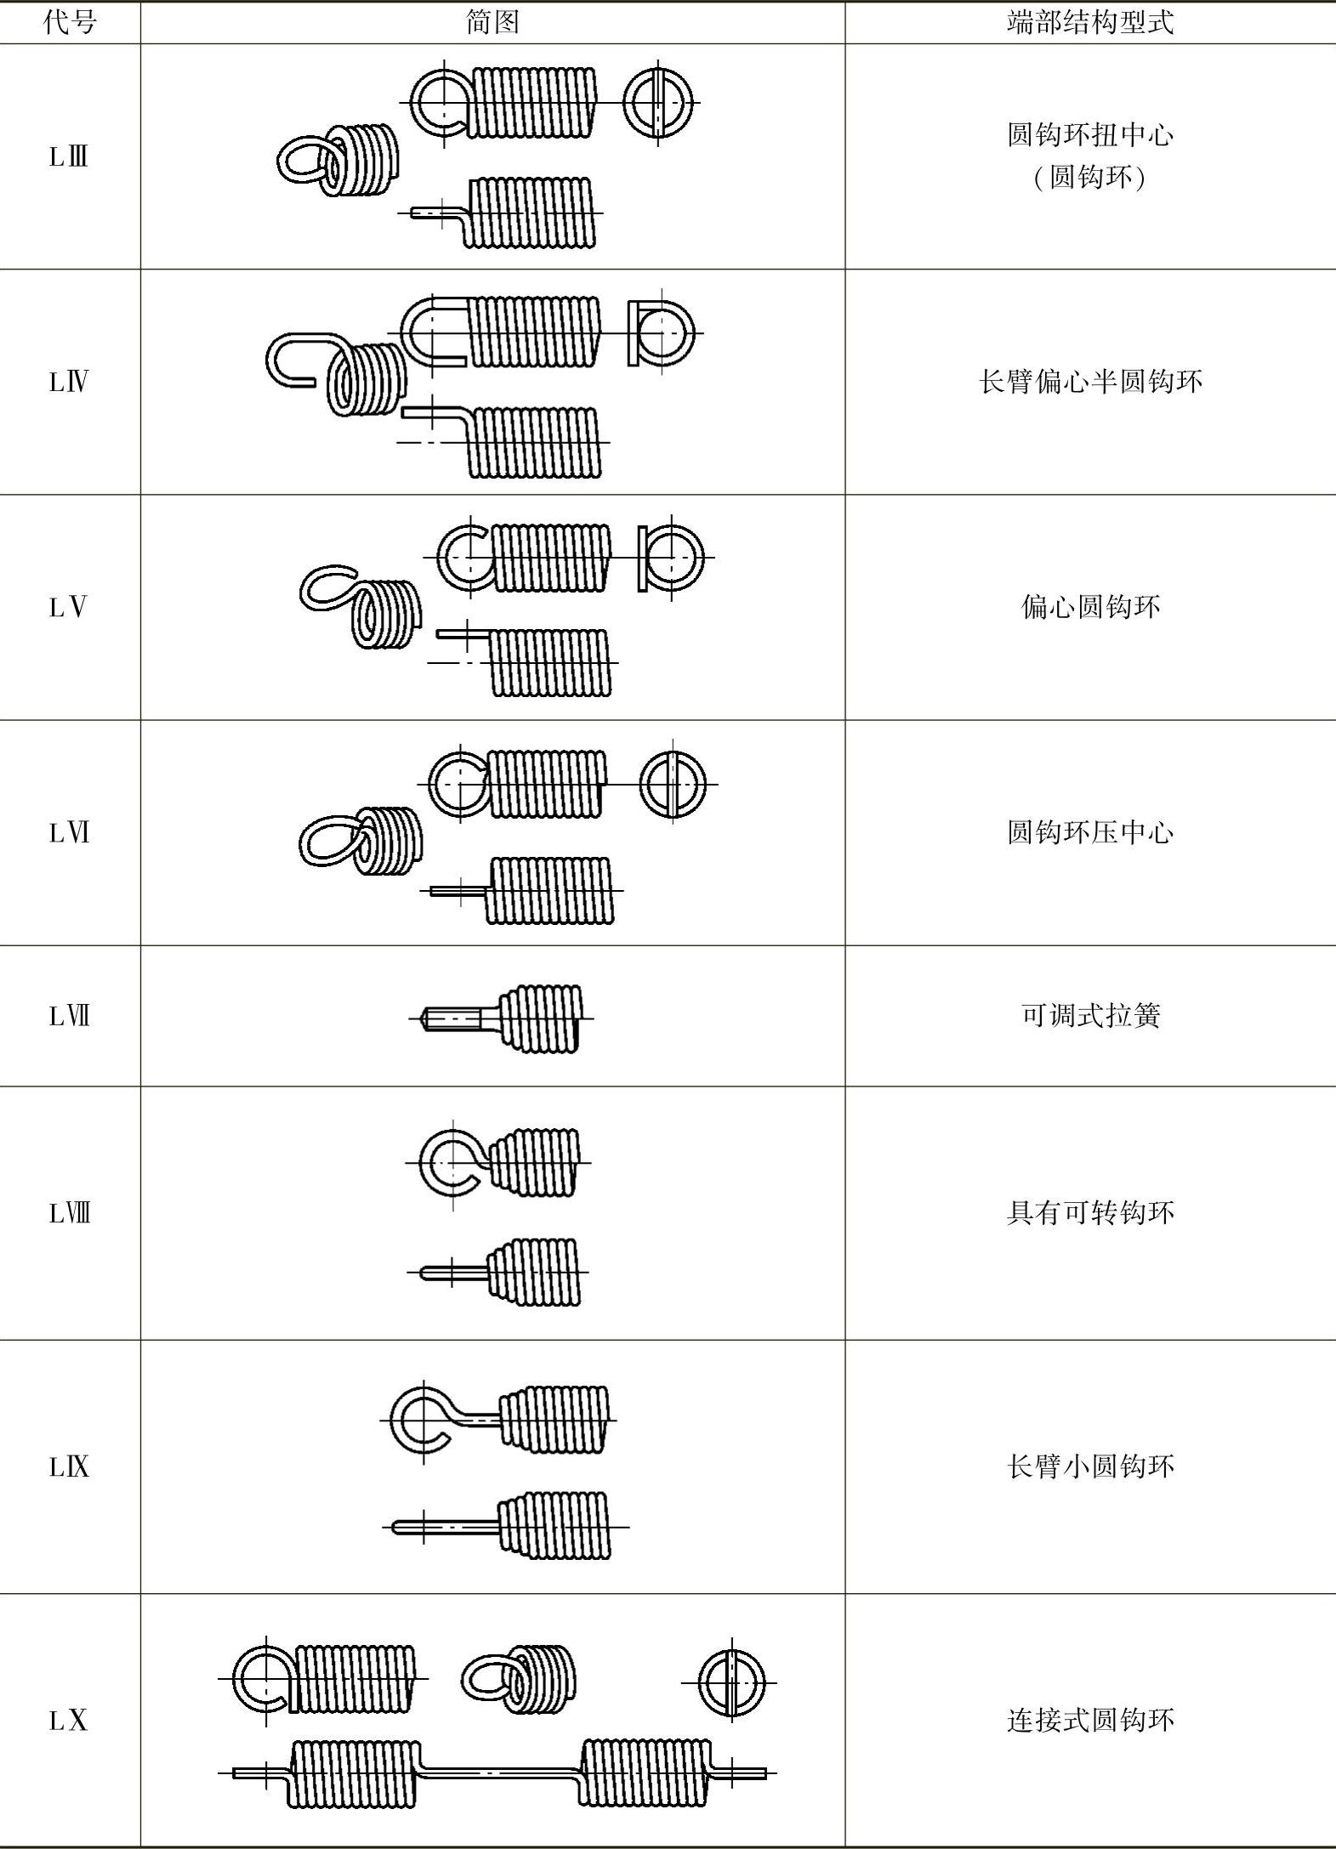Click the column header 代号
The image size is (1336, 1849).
coord(69,22)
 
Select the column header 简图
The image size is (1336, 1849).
coord(492,22)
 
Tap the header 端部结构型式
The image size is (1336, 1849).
coord(1090,22)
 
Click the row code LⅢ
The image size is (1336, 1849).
coord(69,157)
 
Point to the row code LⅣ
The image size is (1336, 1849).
coord(69,383)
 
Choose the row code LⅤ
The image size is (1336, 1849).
coord(69,608)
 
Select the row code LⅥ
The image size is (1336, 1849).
coord(69,833)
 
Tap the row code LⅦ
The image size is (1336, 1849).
coord(69,1016)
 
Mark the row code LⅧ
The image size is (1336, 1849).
coord(69,1213)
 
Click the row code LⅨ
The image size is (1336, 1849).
coord(69,1466)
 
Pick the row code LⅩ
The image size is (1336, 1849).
coord(69,1721)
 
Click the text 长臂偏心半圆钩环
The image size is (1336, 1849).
coord(1090,382)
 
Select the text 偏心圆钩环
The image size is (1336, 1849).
coord(1090,607)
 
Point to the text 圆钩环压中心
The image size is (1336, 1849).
coord(1090,832)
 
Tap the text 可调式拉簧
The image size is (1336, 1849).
coord(1090,1016)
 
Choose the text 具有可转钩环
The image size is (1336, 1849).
coord(1090,1213)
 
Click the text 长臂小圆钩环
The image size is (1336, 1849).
coord(1090,1466)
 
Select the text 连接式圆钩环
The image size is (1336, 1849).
coord(1090,1721)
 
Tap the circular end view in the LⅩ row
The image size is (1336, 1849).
coord(732,1683)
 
